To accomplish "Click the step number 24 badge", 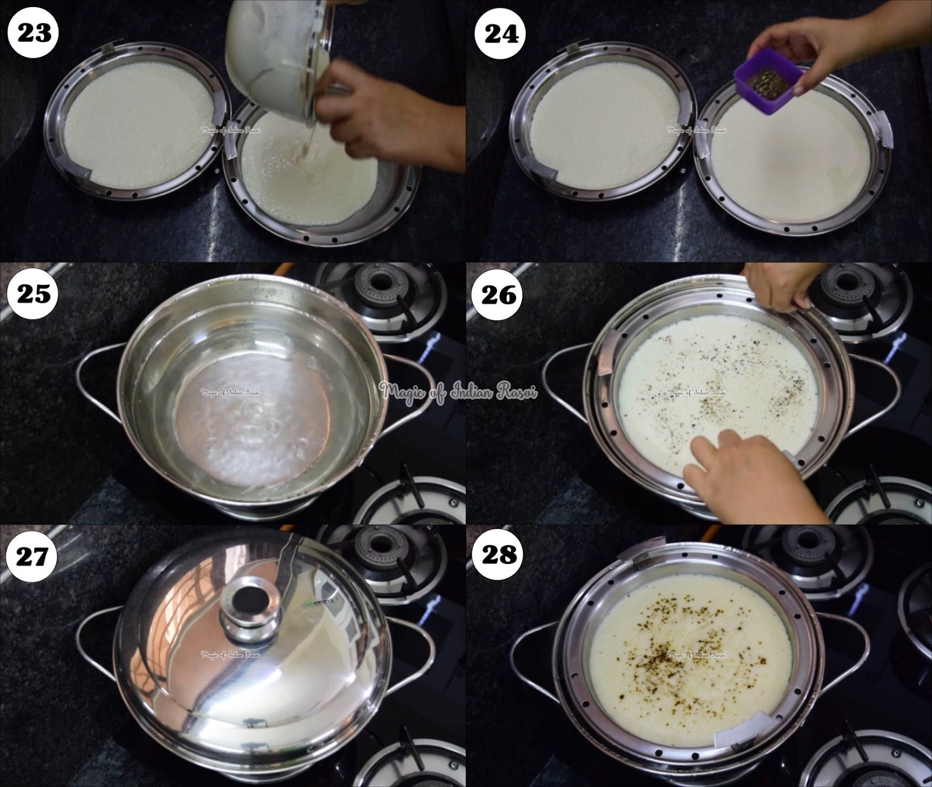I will coord(501,34).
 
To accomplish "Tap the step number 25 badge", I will coord(34,294).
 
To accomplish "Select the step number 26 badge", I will coord(500,295).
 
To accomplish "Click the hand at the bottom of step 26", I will coord(751,472).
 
